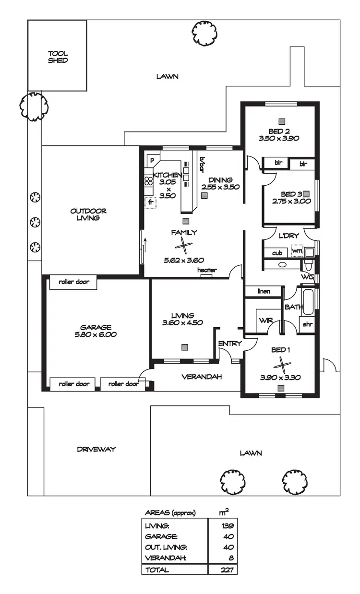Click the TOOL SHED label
point(58,57)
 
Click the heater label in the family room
point(207,270)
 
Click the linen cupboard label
point(264,291)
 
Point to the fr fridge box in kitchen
point(150,202)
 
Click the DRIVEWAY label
point(96,450)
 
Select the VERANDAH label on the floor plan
point(201,377)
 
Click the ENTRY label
point(229,344)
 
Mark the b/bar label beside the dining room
point(202,165)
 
